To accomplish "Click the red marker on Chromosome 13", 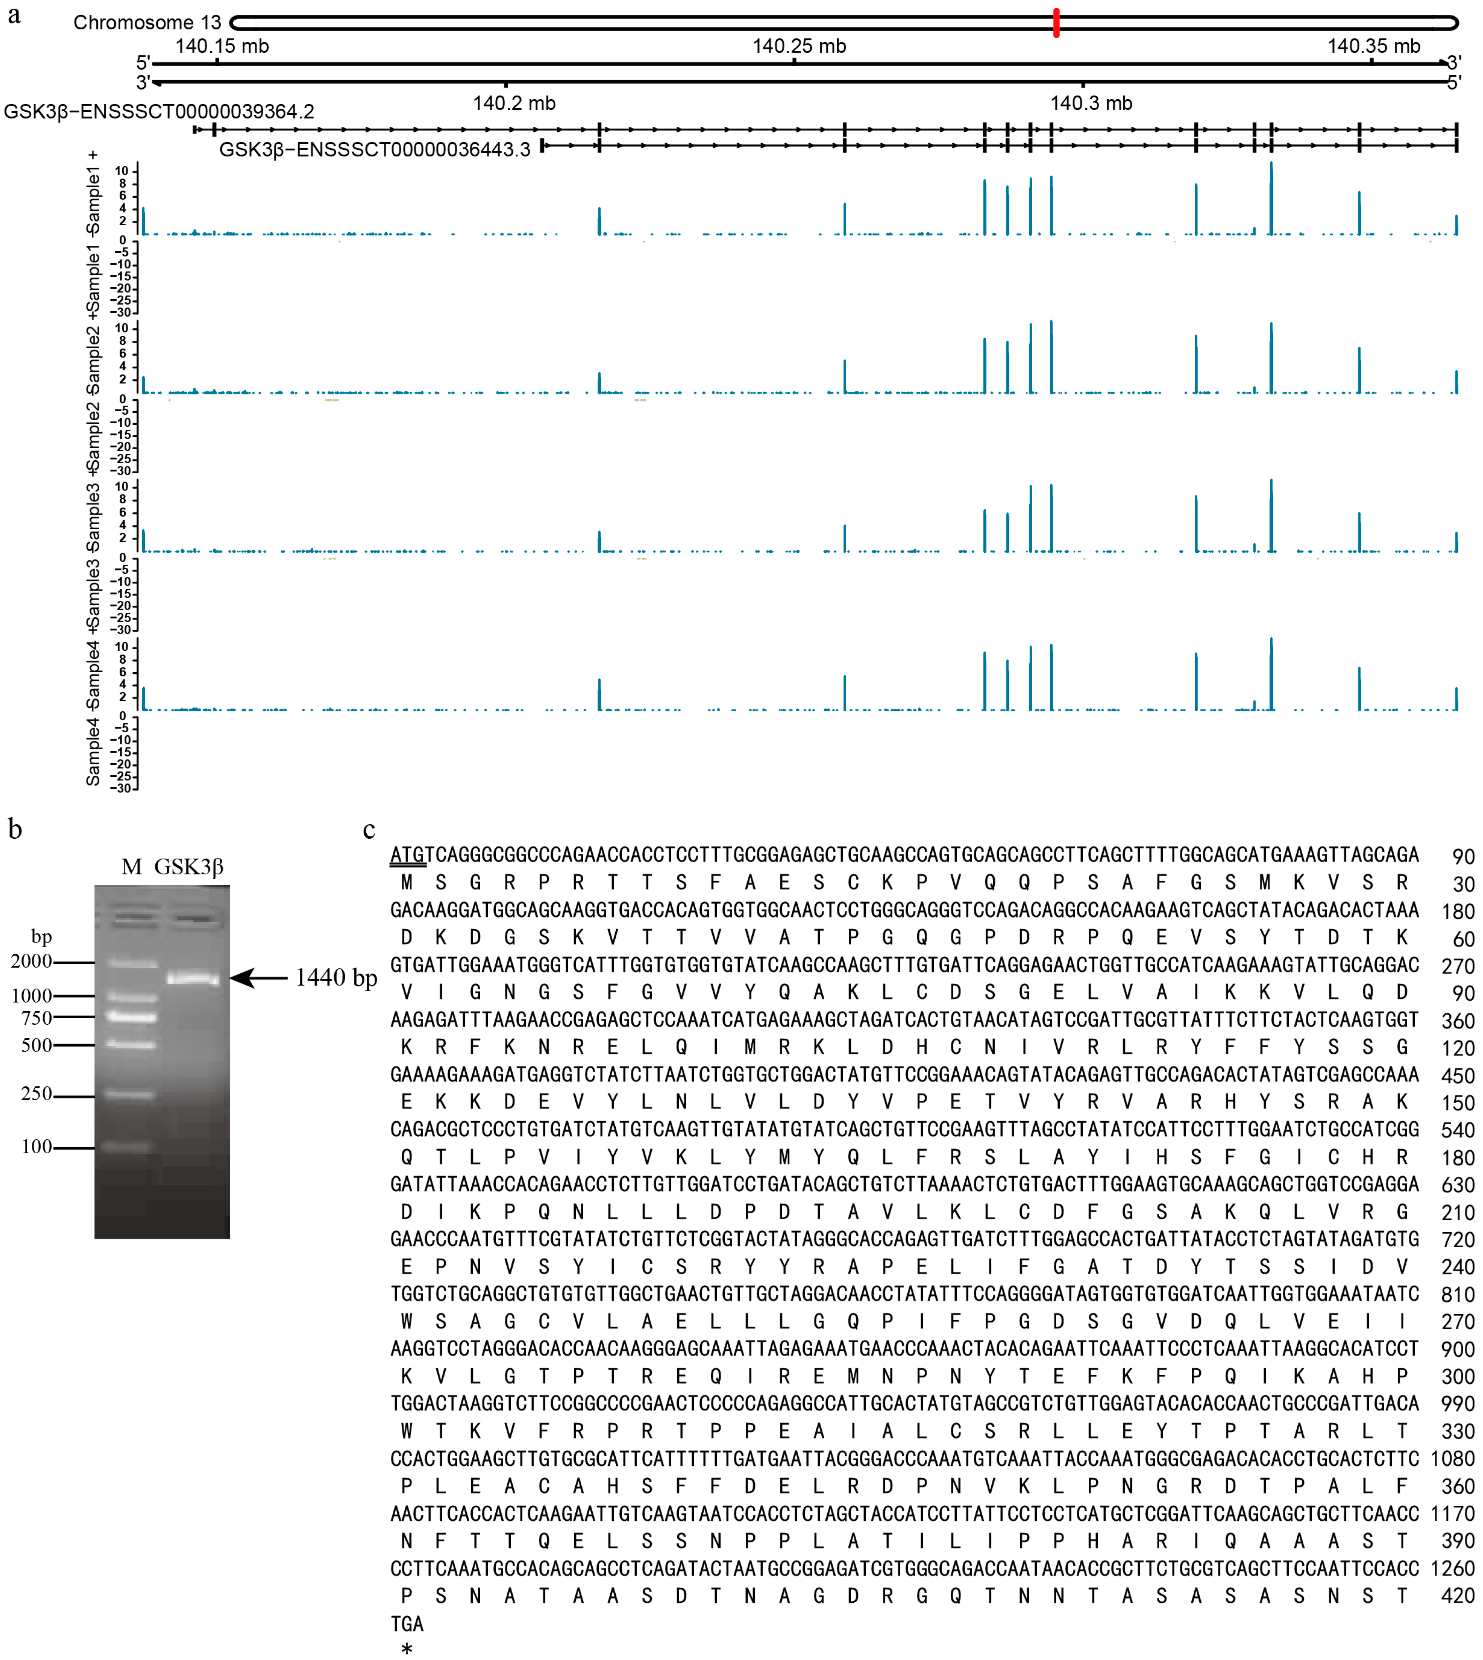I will pos(1056,23).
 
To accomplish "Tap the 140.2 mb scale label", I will pos(514,103).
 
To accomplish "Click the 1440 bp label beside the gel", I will pos(336,978).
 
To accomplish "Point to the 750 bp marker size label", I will pos(37,1018).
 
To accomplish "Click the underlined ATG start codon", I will pos(407,855).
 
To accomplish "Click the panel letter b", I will pos(15,830).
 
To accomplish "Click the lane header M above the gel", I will pos(131,867).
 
